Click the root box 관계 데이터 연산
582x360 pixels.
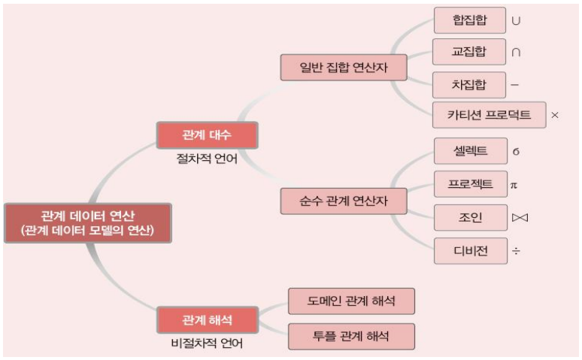88,222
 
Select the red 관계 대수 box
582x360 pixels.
208,135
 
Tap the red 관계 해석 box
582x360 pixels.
208,319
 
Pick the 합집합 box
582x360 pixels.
470,20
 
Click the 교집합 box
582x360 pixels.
470,52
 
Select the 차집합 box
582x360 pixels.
470,83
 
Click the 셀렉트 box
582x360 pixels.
470,151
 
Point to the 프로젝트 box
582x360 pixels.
470,184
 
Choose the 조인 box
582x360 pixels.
470,218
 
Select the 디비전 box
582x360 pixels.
470,250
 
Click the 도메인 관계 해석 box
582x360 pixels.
352,301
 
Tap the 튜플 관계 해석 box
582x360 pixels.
352,334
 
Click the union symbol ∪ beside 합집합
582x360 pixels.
516,21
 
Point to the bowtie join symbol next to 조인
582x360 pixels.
518,219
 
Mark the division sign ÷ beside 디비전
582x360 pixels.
517,251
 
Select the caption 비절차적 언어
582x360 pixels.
208,343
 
